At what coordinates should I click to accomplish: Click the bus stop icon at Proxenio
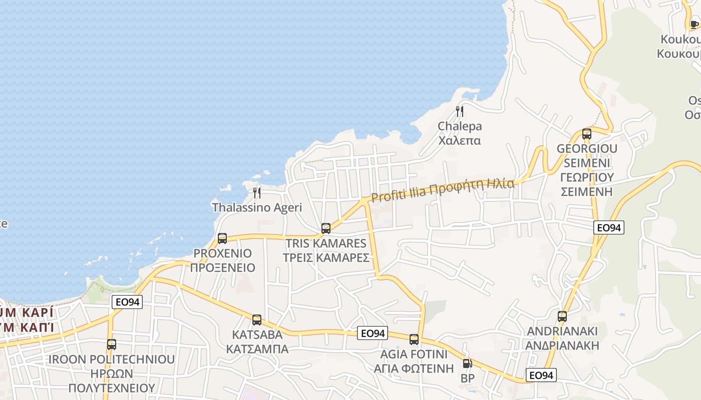(x=222, y=238)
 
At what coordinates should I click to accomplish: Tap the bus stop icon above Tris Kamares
(x=326, y=228)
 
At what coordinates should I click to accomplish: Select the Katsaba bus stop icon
(x=257, y=320)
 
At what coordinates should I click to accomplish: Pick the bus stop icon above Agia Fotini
(x=414, y=339)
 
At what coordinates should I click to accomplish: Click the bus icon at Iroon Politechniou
(x=112, y=344)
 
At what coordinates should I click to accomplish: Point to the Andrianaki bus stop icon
(x=562, y=316)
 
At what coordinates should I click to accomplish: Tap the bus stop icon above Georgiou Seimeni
(x=587, y=133)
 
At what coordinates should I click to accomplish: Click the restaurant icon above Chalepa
(x=460, y=111)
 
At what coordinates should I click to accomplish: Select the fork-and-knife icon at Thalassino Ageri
(x=257, y=192)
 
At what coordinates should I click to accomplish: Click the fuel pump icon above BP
(x=467, y=364)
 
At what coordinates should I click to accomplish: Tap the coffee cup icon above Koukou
(x=694, y=23)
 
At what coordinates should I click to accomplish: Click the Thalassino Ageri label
(x=257, y=207)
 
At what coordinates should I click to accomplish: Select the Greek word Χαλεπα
(x=460, y=140)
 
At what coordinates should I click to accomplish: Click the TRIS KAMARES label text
(x=326, y=243)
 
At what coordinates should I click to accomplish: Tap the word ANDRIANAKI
(x=562, y=331)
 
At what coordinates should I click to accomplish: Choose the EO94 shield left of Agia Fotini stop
(x=373, y=333)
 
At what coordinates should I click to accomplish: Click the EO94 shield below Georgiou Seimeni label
(x=609, y=227)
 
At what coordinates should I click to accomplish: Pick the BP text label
(x=467, y=378)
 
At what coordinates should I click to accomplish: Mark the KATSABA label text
(x=257, y=334)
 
